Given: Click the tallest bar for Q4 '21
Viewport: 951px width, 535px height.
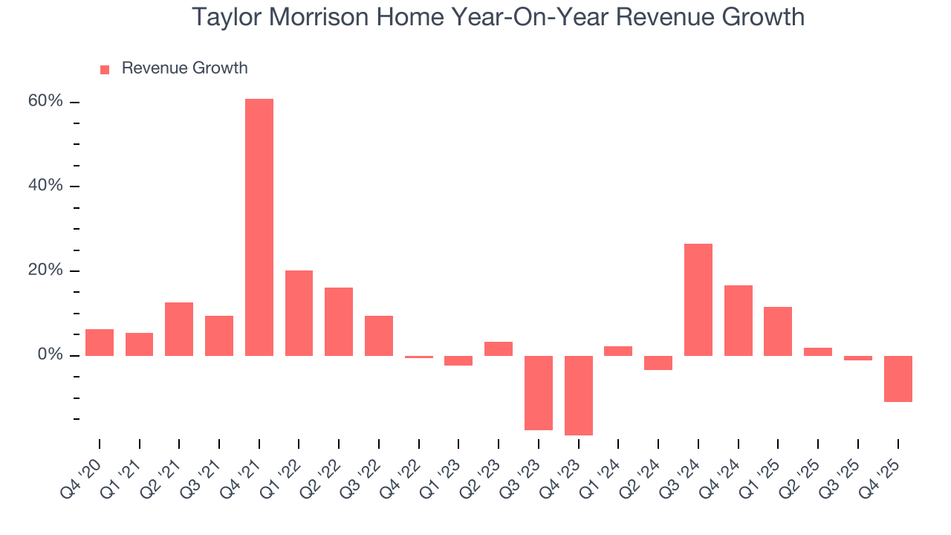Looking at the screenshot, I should [x=259, y=227].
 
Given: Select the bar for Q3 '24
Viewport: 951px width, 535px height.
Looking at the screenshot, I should [x=698, y=299].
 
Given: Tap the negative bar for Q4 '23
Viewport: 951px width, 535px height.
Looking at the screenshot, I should [x=579, y=395].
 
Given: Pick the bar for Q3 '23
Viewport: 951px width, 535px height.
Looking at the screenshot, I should [x=539, y=392].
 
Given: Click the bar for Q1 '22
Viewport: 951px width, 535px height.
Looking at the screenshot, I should [x=299, y=313].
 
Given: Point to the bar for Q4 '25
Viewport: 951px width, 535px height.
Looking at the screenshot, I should [x=898, y=379].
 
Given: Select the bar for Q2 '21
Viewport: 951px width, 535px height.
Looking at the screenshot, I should [x=179, y=329].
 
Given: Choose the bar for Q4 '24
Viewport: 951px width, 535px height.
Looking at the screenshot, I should [x=739, y=320].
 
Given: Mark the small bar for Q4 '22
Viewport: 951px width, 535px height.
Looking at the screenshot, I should [x=419, y=357].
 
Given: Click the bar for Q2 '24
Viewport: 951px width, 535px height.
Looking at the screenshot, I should [x=658, y=363].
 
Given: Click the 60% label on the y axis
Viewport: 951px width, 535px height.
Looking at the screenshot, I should [x=46, y=102].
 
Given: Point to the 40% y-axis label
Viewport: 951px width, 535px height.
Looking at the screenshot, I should [x=46, y=186].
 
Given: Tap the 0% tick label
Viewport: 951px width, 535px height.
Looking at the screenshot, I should [x=51, y=355].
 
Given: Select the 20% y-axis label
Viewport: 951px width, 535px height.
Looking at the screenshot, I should [x=46, y=270].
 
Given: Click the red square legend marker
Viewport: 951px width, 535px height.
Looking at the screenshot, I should [x=105, y=69].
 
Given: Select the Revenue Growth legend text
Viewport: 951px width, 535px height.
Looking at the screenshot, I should [x=184, y=68].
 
